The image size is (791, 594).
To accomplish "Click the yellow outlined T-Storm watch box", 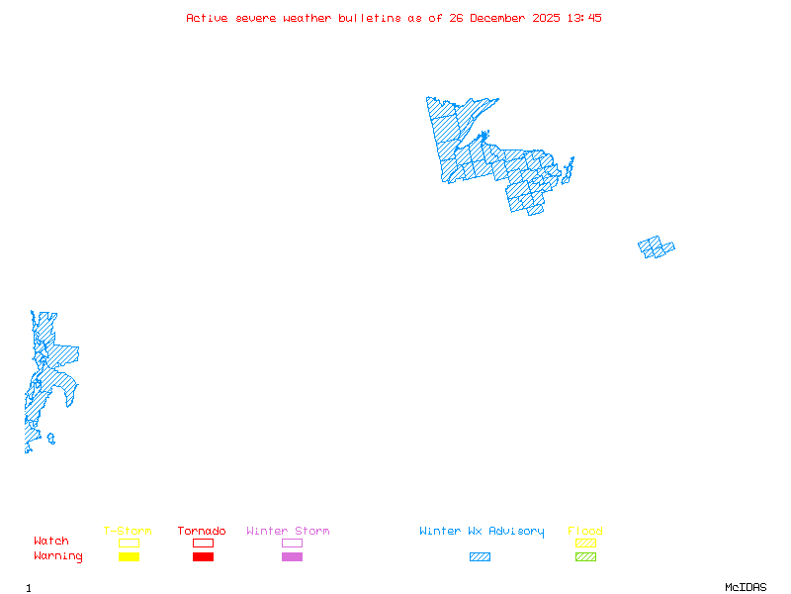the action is pyautogui.click(x=129, y=543).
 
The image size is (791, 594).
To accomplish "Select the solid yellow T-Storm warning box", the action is pyautogui.click(x=129, y=556).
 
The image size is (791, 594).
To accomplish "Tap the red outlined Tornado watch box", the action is pyautogui.click(x=203, y=543).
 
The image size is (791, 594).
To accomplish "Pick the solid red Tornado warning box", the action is pyautogui.click(x=203, y=556).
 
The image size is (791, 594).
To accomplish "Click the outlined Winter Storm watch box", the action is pyautogui.click(x=292, y=543).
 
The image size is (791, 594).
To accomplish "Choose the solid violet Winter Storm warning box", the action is pyautogui.click(x=292, y=556).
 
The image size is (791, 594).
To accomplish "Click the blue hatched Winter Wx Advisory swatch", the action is pyautogui.click(x=480, y=556).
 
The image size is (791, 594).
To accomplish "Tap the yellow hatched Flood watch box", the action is pyautogui.click(x=585, y=543).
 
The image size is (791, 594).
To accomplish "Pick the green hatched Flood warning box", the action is pyautogui.click(x=585, y=556).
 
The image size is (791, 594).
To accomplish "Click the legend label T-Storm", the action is pyautogui.click(x=128, y=531).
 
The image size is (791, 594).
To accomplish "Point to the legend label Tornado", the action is pyautogui.click(x=202, y=531).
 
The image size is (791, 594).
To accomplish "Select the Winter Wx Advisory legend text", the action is pyautogui.click(x=482, y=531).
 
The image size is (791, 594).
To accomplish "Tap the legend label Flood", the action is pyautogui.click(x=585, y=531).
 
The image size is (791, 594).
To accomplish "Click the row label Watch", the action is pyautogui.click(x=51, y=542).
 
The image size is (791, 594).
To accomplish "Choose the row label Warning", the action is pyautogui.click(x=58, y=556).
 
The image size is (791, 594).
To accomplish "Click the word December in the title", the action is pyautogui.click(x=500, y=18).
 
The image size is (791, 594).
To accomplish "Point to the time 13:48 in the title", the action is pyautogui.click(x=582, y=18).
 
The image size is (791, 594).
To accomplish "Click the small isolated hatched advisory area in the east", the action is pyautogui.click(x=656, y=247).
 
